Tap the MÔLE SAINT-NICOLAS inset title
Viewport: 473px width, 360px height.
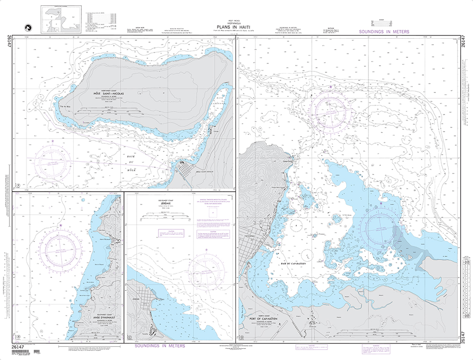tap(108, 94)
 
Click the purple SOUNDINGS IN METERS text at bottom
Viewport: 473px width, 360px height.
tap(159, 346)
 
